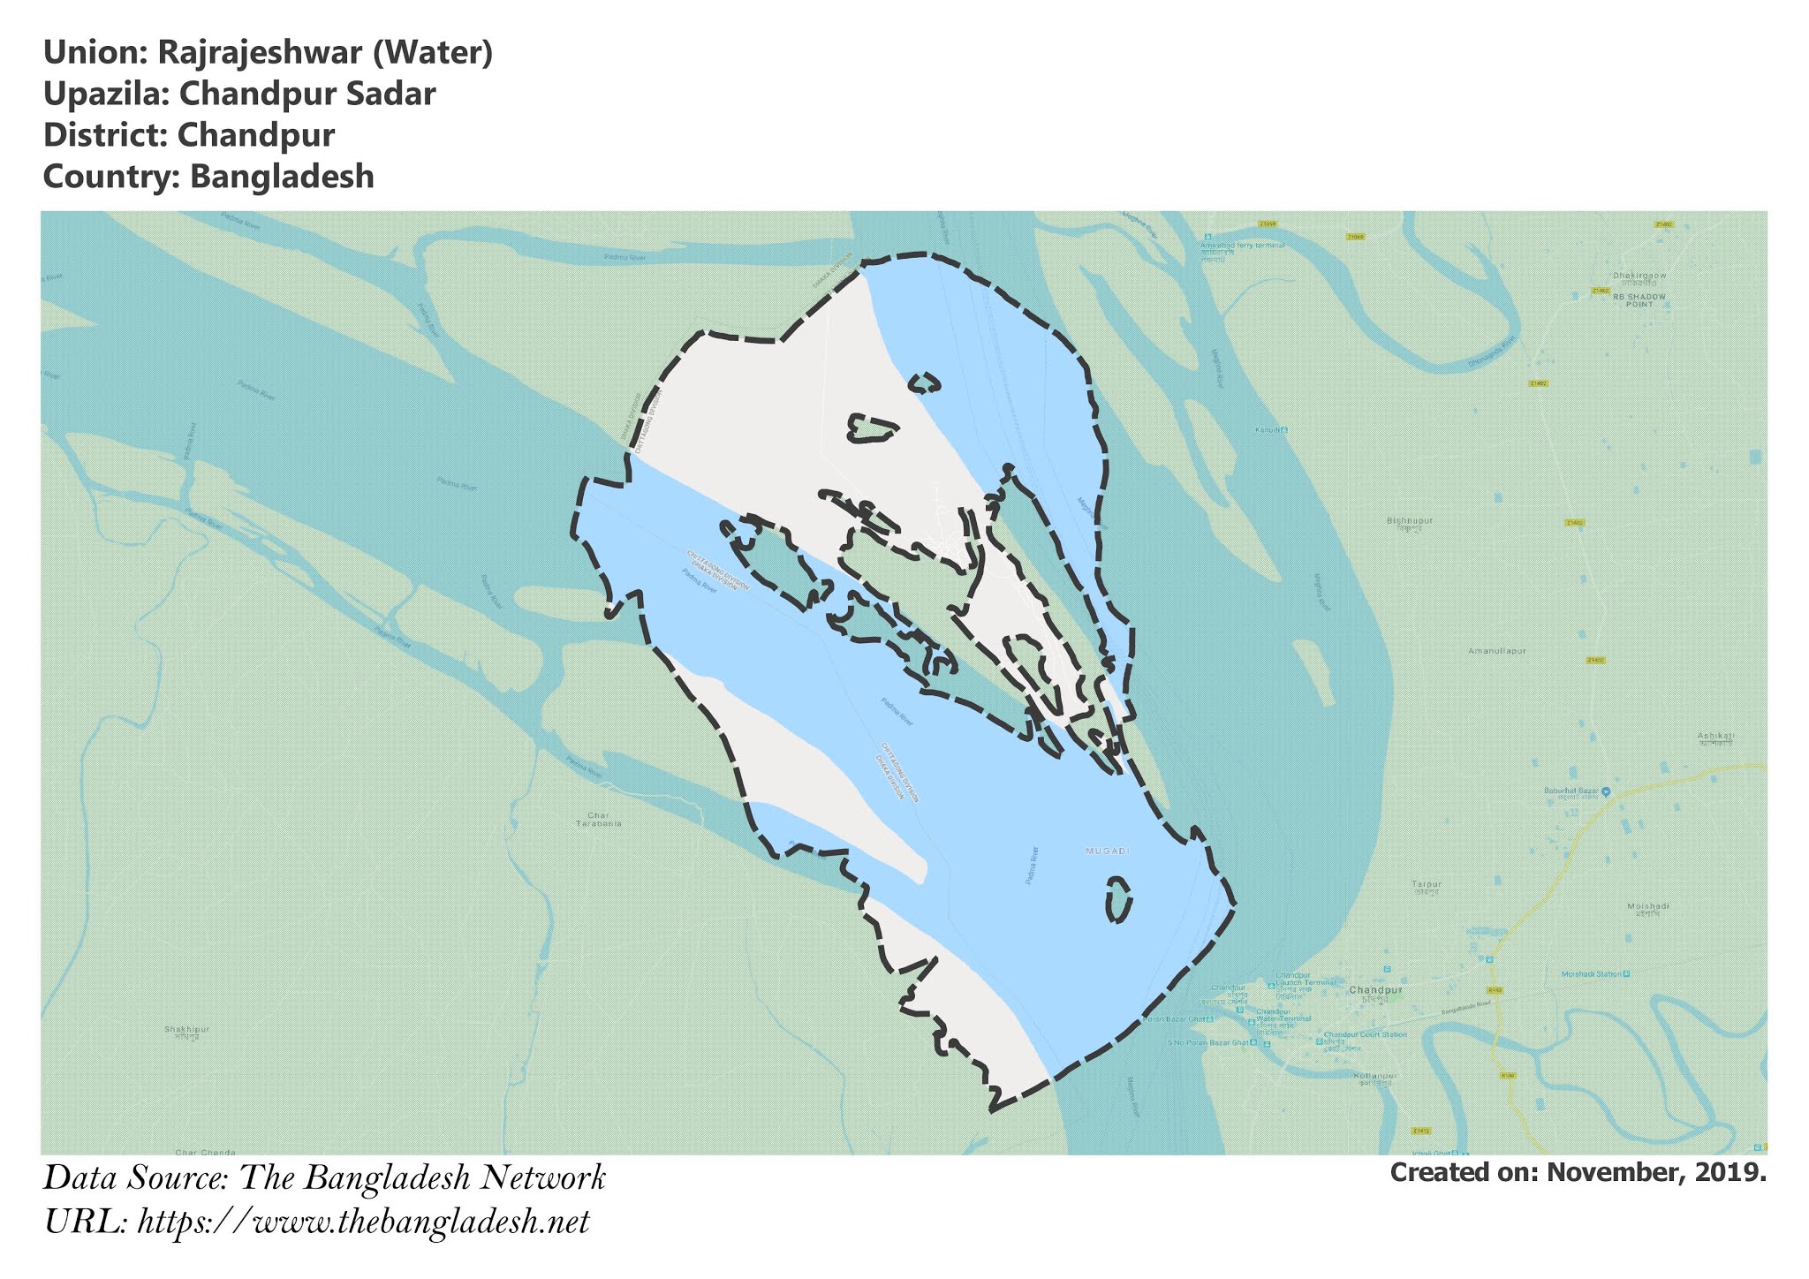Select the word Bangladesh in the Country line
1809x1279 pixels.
pos(282,177)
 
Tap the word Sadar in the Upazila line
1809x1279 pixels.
pos(396,95)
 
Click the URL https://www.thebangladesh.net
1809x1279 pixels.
pos(363,1222)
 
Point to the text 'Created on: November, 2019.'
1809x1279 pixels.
pos(1578,1173)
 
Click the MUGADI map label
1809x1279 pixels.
pos(1107,851)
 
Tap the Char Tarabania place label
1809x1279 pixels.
pos(598,819)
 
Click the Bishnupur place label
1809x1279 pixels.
pos(1409,521)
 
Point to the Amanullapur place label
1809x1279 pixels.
pos(1497,651)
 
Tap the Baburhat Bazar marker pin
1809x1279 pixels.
pos(1605,791)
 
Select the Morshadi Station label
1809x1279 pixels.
pos(1592,973)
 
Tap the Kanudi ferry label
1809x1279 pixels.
pos(1268,430)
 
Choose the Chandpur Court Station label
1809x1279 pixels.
pos(1365,1034)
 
